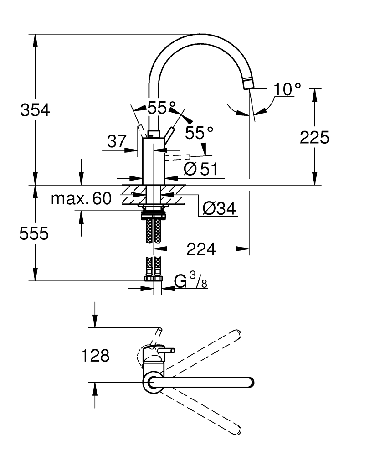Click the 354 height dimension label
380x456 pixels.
click(35, 110)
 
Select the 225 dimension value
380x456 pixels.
click(314, 137)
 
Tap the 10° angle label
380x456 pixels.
click(287, 89)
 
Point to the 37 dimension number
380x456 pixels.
click(117, 141)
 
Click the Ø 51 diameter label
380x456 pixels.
click(201, 169)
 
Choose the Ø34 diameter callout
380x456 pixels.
click(219, 208)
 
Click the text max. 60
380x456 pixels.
click(81, 199)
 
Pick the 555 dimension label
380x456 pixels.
click(34, 233)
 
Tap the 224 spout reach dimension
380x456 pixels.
click(201, 249)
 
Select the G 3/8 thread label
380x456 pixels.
click(191, 280)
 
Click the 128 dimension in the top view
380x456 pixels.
click(95, 355)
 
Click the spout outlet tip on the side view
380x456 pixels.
click(248, 84)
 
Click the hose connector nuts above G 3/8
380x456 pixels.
click(154, 279)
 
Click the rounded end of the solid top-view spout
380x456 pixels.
click(250, 382)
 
